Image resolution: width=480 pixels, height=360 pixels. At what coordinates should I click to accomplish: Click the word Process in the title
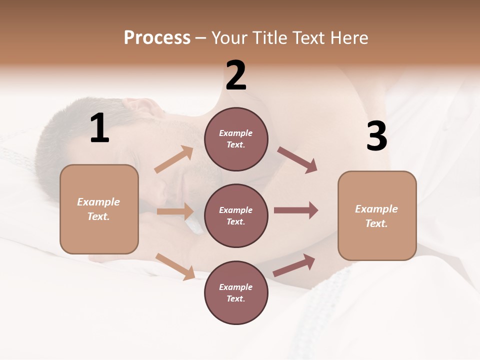157,38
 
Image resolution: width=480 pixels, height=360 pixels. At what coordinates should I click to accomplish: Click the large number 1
99,128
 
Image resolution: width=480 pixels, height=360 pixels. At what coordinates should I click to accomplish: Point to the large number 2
236,75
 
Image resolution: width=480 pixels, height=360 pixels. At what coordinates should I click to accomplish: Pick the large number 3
376,136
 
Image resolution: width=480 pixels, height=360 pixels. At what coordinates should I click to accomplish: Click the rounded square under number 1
99,209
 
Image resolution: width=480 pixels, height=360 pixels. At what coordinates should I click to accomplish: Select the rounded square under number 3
377,215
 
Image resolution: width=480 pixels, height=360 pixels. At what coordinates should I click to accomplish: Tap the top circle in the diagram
236,139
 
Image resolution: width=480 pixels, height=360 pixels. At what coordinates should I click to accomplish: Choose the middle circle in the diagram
236,215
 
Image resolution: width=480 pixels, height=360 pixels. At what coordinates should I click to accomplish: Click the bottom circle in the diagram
236,292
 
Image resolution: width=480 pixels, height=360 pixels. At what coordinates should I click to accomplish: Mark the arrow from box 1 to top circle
174,159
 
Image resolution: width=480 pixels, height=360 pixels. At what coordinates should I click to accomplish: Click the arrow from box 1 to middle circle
175,211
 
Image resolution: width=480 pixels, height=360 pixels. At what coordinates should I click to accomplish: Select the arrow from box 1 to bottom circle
175,266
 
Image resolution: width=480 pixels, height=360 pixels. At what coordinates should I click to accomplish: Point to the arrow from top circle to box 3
297,159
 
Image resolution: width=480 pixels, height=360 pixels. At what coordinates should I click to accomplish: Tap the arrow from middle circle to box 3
295,210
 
